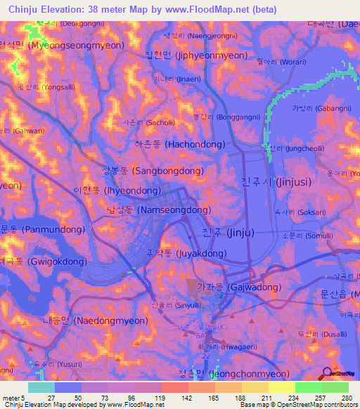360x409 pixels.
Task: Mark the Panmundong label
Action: coord(39,229)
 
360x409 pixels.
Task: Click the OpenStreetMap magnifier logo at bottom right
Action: coord(328,374)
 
